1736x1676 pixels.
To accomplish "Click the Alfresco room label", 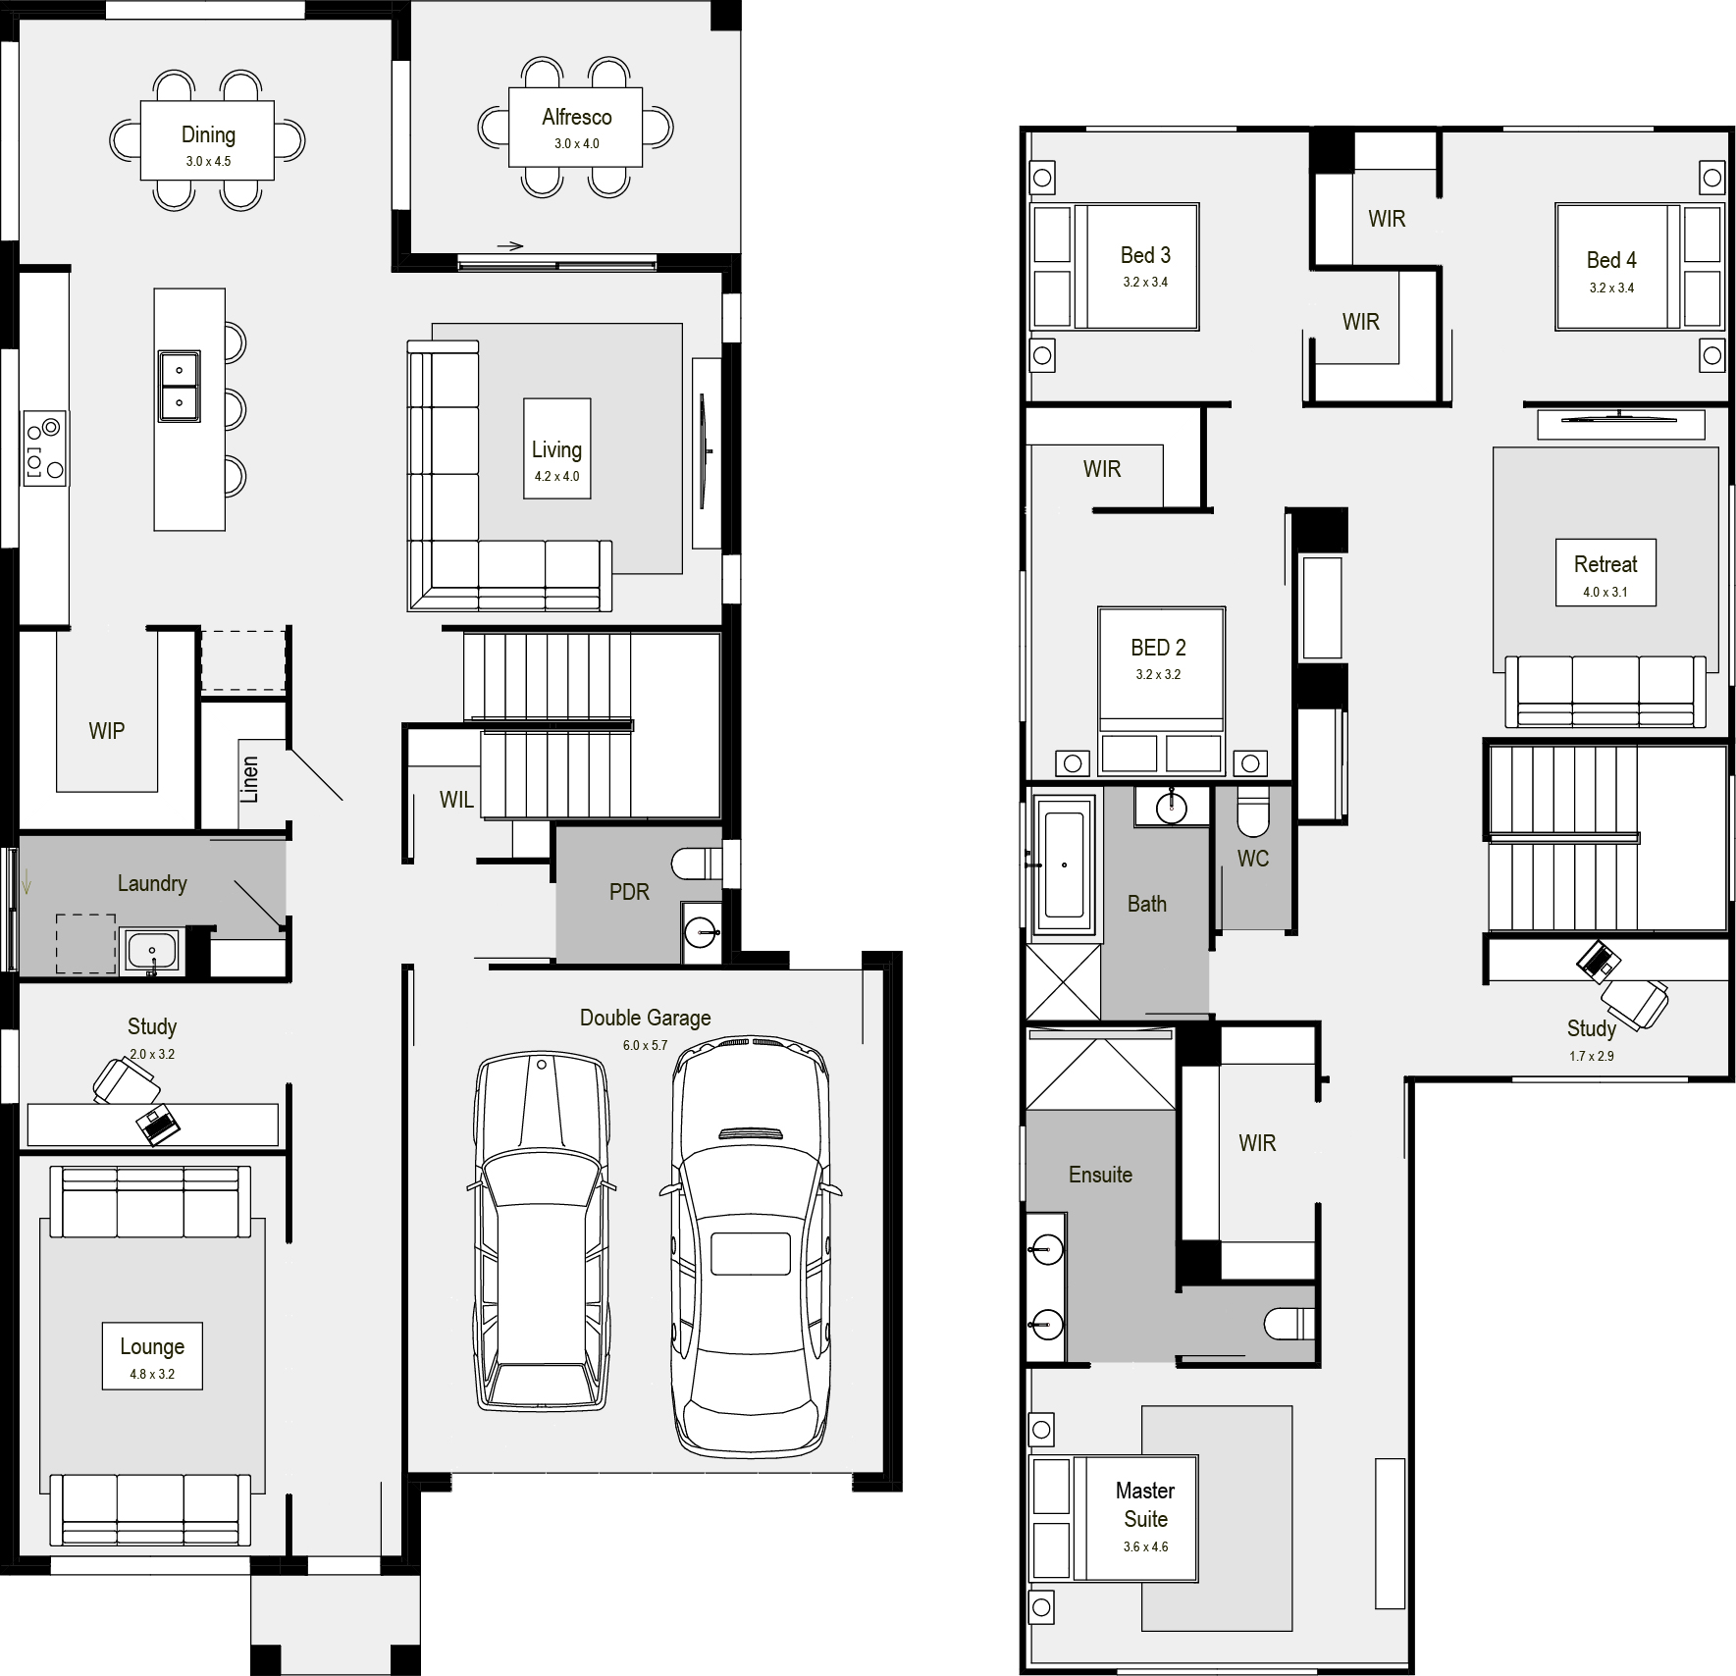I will [x=576, y=118].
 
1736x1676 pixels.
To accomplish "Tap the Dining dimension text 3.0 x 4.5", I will [x=208, y=162].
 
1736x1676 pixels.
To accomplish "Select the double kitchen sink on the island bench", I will [x=180, y=386].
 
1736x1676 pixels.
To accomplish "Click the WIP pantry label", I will [x=106, y=731].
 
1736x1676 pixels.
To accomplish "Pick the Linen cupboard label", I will [x=250, y=779].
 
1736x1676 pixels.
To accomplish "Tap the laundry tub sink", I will [x=151, y=951].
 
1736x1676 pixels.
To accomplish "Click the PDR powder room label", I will [x=629, y=892].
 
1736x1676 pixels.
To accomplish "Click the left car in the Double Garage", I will [x=541, y=1232].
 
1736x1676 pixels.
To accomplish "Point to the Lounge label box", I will [x=152, y=1355].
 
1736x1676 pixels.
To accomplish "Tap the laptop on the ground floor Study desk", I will [x=158, y=1125].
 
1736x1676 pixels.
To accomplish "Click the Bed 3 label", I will [x=1145, y=256].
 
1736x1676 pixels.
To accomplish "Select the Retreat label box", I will [x=1605, y=572].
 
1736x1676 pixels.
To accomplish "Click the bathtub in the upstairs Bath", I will [x=1064, y=864].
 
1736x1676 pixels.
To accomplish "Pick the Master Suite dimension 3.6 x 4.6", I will [x=1145, y=1547].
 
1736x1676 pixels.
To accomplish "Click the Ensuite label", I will [x=1100, y=1175].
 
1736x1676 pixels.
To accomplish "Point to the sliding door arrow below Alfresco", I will [x=510, y=246].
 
